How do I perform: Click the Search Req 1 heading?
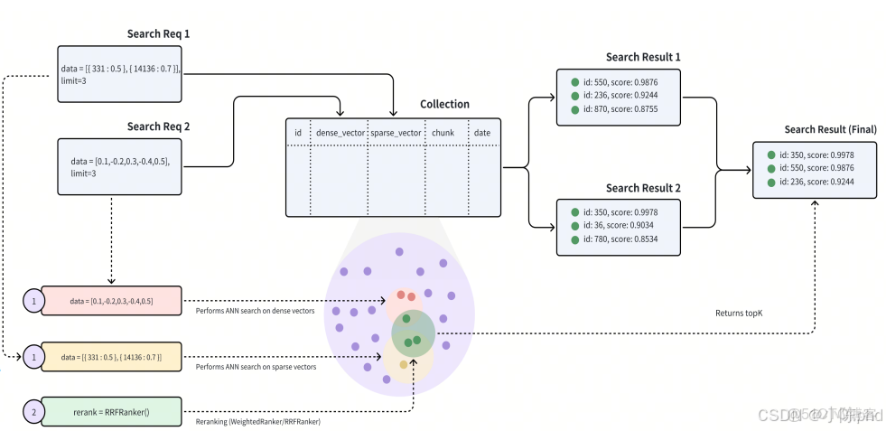pyautogui.click(x=158, y=34)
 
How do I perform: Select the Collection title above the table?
pyautogui.click(x=444, y=105)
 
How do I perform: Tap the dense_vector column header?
pyautogui.click(x=340, y=133)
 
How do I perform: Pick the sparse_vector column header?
pyautogui.click(x=396, y=133)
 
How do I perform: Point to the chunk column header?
pyautogui.click(x=443, y=133)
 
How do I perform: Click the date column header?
pyautogui.click(x=482, y=133)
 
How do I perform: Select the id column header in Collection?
pyautogui.click(x=298, y=133)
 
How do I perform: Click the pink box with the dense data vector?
pyautogui.click(x=112, y=300)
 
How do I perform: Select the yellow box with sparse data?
pyautogui.click(x=112, y=357)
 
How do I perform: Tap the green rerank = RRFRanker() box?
pyautogui.click(x=112, y=412)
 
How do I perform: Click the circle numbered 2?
pyautogui.click(x=33, y=412)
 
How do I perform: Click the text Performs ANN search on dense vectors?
pyautogui.click(x=255, y=311)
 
